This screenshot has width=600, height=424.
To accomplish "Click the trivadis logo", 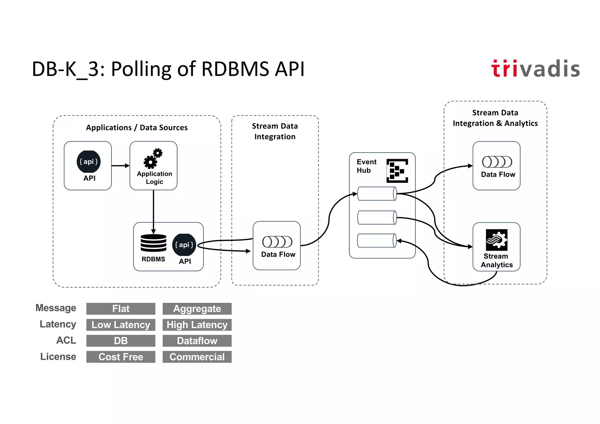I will pos(535,69).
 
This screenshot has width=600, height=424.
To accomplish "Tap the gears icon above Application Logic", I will pos(153,159).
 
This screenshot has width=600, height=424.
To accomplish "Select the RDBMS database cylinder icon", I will pos(153,243).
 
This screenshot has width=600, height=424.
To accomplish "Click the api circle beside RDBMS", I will pos(184,245).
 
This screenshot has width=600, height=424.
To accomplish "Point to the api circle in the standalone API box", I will pos(88,161).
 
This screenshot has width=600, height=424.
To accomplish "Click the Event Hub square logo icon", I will pos(397,171).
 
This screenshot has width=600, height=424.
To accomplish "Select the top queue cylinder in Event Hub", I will pos(377,194).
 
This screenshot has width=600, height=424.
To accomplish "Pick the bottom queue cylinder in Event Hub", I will pos(377,241).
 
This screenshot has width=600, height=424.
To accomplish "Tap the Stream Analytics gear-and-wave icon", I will pos(497,240).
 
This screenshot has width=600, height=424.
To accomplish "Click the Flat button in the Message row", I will pos(121,309).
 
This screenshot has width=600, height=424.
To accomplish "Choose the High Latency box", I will pos(197,325).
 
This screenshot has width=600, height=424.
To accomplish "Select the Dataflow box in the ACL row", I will pos(197,341).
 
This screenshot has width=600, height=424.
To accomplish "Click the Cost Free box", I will pos(121,357).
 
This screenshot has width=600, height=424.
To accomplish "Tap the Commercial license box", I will pos(197,357).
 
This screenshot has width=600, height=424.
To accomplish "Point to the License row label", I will pos(58,357).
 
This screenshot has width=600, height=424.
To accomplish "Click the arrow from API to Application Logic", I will pos(120,166).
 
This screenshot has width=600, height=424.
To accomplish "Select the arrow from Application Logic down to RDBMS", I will pos(153,211).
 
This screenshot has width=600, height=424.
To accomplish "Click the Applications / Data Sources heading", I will pos(137,128).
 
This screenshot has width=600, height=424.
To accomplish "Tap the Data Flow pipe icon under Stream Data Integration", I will pos(277,242).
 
